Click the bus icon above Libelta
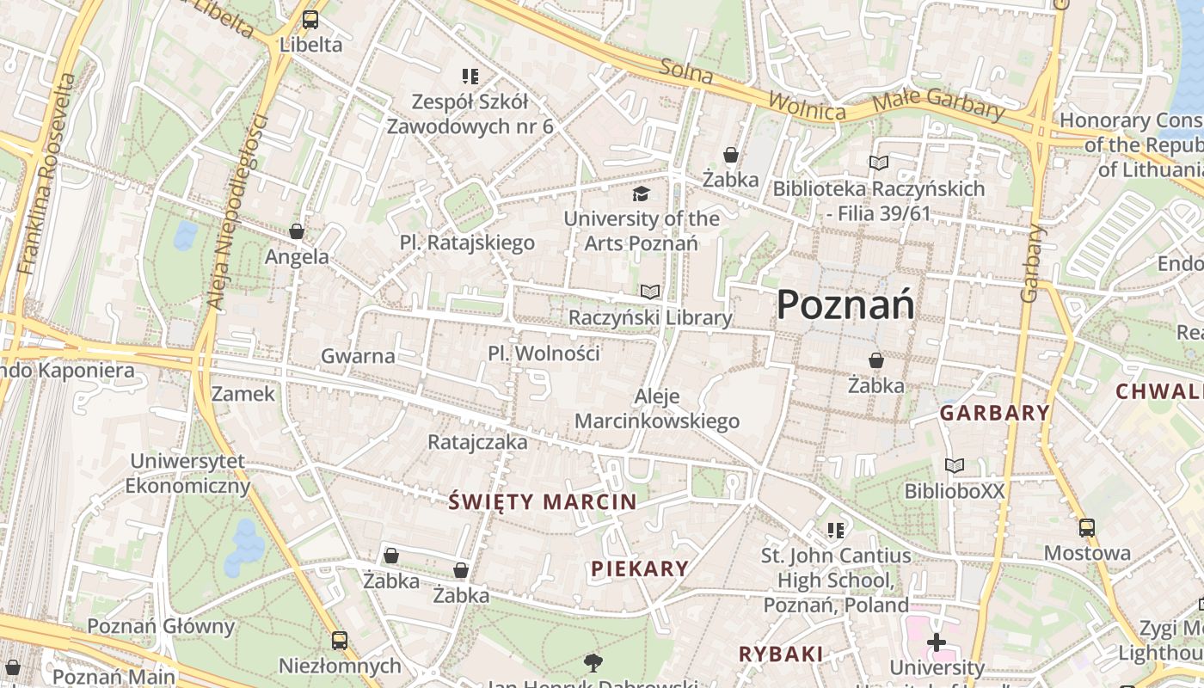(310, 19)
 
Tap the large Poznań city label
(845, 305)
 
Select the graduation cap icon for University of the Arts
(641, 194)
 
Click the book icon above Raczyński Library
(650, 292)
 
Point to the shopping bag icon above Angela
(297, 231)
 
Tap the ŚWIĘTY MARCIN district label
(543, 502)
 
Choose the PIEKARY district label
(640, 568)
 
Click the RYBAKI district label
(781, 654)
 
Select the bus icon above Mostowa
(1087, 527)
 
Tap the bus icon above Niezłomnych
(340, 640)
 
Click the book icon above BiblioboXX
(955, 465)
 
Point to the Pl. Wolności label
(544, 353)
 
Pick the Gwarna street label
(358, 355)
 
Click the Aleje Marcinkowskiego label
(657, 408)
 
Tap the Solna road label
(687, 71)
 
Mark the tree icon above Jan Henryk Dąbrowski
(593, 662)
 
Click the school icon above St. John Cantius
(835, 530)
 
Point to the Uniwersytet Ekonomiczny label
(188, 474)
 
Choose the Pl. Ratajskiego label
(467, 243)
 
